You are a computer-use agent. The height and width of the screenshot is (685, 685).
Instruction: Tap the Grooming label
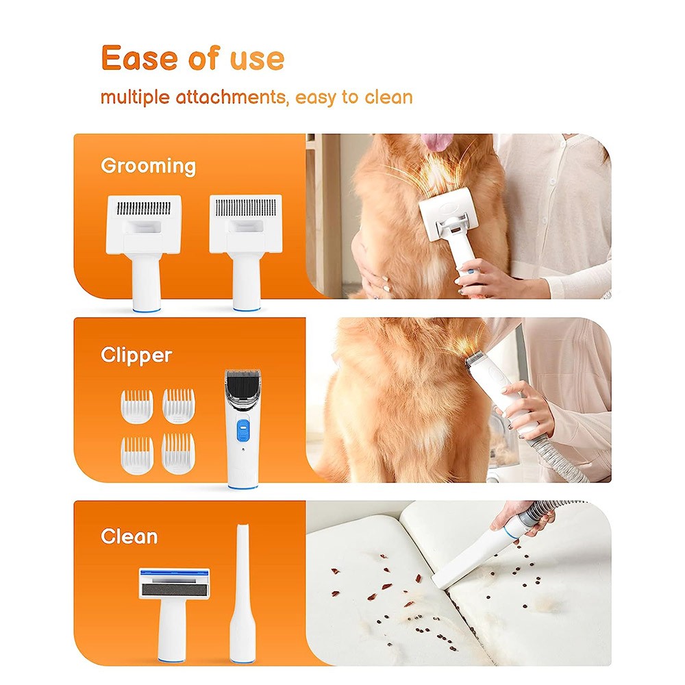148,166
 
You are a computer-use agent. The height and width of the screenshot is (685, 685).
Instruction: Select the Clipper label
136,355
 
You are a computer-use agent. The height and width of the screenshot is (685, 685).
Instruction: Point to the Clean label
129,536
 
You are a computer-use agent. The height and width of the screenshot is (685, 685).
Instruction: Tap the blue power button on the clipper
243,430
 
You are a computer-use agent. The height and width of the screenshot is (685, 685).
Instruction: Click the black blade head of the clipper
242,384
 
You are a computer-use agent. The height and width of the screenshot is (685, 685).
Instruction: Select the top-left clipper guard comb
137,406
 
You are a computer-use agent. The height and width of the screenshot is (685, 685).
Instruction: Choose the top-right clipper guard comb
179,406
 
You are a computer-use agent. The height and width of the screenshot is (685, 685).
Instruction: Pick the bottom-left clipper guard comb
137,456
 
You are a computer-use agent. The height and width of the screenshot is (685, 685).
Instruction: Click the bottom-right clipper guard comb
178,453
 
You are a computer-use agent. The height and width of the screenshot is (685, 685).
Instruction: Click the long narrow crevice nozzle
242,594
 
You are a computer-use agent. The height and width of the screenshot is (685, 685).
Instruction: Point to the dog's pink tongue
438,141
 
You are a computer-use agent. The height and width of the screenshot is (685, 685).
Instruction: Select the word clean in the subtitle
389,97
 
